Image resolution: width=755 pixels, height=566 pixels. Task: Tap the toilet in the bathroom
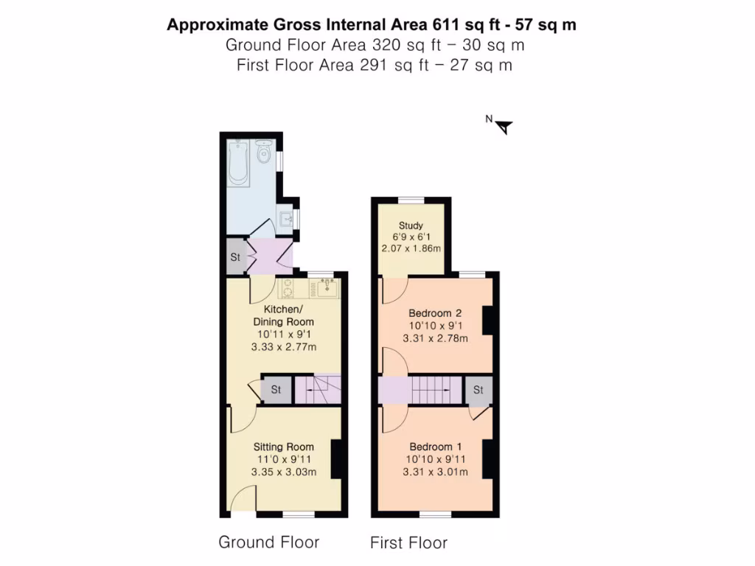[x=263, y=153]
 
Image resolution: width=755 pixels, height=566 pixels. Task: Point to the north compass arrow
[x=504, y=127]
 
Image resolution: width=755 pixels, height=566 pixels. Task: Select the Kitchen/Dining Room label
[x=283, y=315]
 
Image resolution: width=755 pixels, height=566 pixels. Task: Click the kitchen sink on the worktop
[x=327, y=287]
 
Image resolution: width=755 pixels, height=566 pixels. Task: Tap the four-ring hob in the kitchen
[x=288, y=287]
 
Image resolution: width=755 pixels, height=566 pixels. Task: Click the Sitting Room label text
[x=283, y=447]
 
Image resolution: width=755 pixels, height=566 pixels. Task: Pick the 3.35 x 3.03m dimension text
[x=283, y=472]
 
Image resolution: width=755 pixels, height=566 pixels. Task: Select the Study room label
[x=411, y=225]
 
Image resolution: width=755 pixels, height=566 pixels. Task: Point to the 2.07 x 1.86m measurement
[x=411, y=248]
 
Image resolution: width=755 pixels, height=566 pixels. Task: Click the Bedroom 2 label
[x=435, y=312]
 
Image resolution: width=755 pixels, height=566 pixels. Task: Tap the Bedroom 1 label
[x=435, y=447]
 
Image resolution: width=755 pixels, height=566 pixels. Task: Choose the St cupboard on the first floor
[x=479, y=390]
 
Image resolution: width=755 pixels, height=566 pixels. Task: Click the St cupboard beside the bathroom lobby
[x=235, y=258]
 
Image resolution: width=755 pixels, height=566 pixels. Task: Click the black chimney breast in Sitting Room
[x=336, y=459]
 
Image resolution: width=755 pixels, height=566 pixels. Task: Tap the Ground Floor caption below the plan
[x=268, y=542]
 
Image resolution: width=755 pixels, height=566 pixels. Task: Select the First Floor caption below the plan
[x=408, y=543]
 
